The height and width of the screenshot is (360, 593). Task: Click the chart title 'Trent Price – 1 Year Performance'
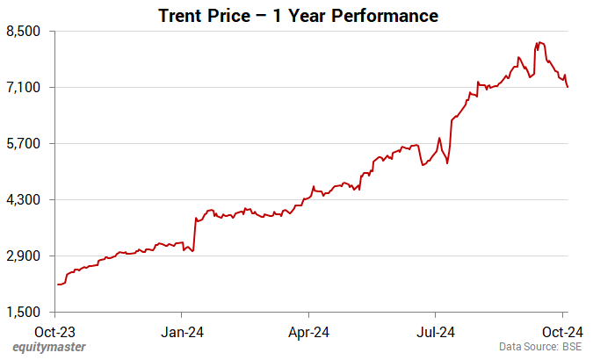pos(298,16)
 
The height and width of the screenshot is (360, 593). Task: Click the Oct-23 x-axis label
pos(56,331)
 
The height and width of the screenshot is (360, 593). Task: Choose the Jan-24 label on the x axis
pos(182,331)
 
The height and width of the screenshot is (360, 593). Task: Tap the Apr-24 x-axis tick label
pos(309,331)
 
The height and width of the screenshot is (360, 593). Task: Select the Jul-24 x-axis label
pos(435,331)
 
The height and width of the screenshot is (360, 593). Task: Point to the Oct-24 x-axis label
pos(562,331)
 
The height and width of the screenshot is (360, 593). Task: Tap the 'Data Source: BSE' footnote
pos(540,348)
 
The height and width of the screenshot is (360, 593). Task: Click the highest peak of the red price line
pos(539,41)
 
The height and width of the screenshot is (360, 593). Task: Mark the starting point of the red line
pos(57,284)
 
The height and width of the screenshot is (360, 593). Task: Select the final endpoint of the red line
pos(568,87)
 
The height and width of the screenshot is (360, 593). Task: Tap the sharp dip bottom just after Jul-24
pos(447,163)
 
